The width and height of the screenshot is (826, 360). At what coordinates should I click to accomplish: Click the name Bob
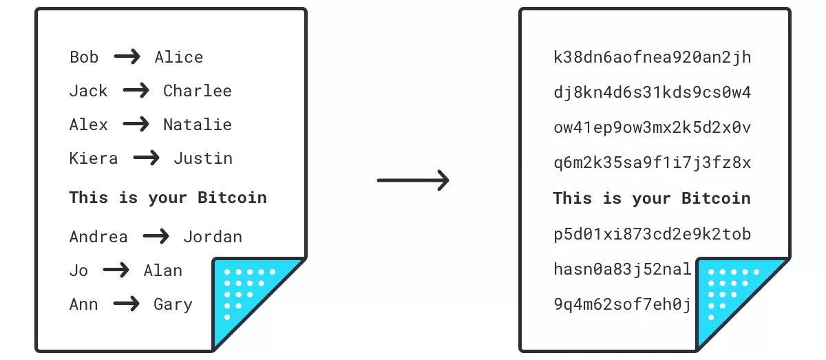[84, 57]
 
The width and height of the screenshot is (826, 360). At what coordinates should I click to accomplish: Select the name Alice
[179, 57]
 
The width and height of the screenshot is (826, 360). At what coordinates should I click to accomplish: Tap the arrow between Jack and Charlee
[136, 91]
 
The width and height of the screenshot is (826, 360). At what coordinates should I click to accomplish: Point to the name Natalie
[198, 125]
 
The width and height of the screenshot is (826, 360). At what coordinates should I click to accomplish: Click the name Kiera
[94, 158]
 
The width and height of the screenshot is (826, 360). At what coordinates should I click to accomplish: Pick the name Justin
[203, 158]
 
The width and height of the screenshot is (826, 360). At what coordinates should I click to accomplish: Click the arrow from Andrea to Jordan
[156, 237]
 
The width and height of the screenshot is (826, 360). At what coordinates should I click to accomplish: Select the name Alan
[163, 271]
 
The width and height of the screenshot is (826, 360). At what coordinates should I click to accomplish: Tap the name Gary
[173, 304]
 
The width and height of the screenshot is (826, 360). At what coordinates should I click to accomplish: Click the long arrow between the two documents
[413, 181]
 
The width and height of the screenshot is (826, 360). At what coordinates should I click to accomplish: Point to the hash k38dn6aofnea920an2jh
[652, 57]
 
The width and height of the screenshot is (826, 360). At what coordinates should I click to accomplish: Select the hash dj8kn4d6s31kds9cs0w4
[652, 92]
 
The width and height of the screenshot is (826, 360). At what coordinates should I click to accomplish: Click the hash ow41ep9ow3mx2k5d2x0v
[652, 128]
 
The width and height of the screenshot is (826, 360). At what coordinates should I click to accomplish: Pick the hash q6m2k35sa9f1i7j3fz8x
[652, 163]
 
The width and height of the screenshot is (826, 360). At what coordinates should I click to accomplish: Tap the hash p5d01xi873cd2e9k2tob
[652, 234]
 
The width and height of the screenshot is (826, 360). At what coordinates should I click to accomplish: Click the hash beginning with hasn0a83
[622, 269]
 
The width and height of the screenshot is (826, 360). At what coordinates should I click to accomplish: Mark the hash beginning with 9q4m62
[622, 304]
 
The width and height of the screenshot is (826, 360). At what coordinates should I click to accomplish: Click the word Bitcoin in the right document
[716, 198]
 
